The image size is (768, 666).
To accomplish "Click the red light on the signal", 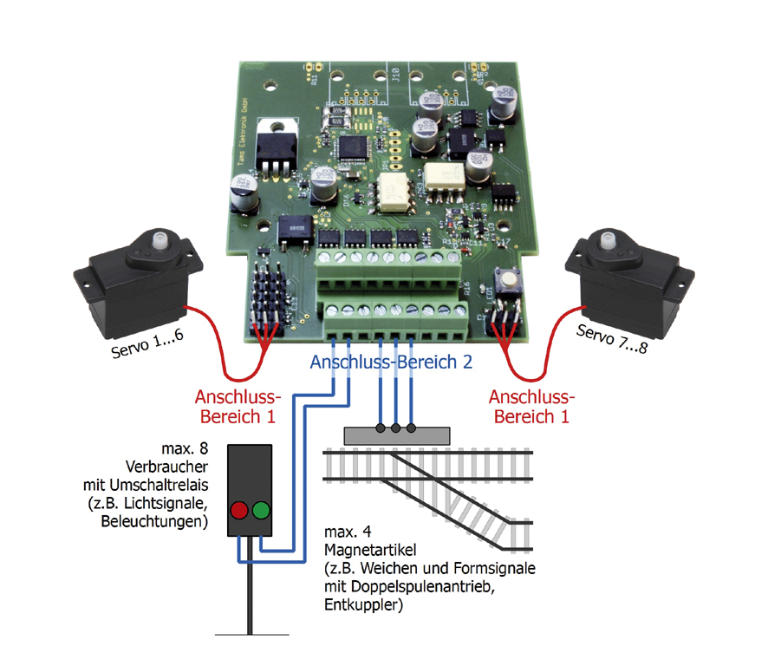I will point(238,509).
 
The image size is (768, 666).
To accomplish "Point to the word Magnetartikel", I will point(368,550).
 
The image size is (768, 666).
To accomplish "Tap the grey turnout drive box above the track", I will point(395,434).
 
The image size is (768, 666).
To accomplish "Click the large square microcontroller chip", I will point(353,147).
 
